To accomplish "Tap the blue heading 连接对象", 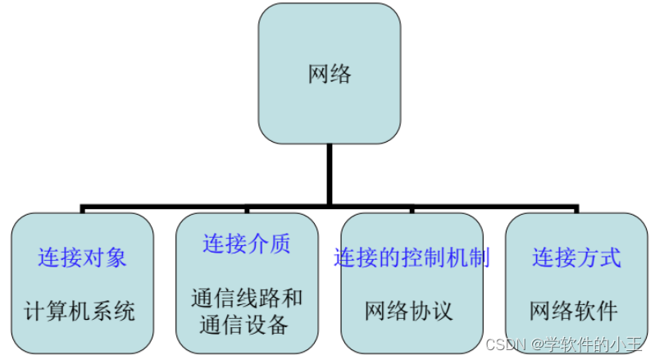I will coord(82,257).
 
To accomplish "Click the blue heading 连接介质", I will coord(247,244).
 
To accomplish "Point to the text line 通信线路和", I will coord(246,298).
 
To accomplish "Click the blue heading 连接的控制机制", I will coord(412,257).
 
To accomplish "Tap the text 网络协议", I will coord(409,312).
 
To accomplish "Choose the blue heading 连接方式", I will coord(576,257).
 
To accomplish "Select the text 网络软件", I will coord(574,312).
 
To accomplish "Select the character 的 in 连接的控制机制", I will coord(389,257).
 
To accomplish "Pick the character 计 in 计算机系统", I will coord(34,312).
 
